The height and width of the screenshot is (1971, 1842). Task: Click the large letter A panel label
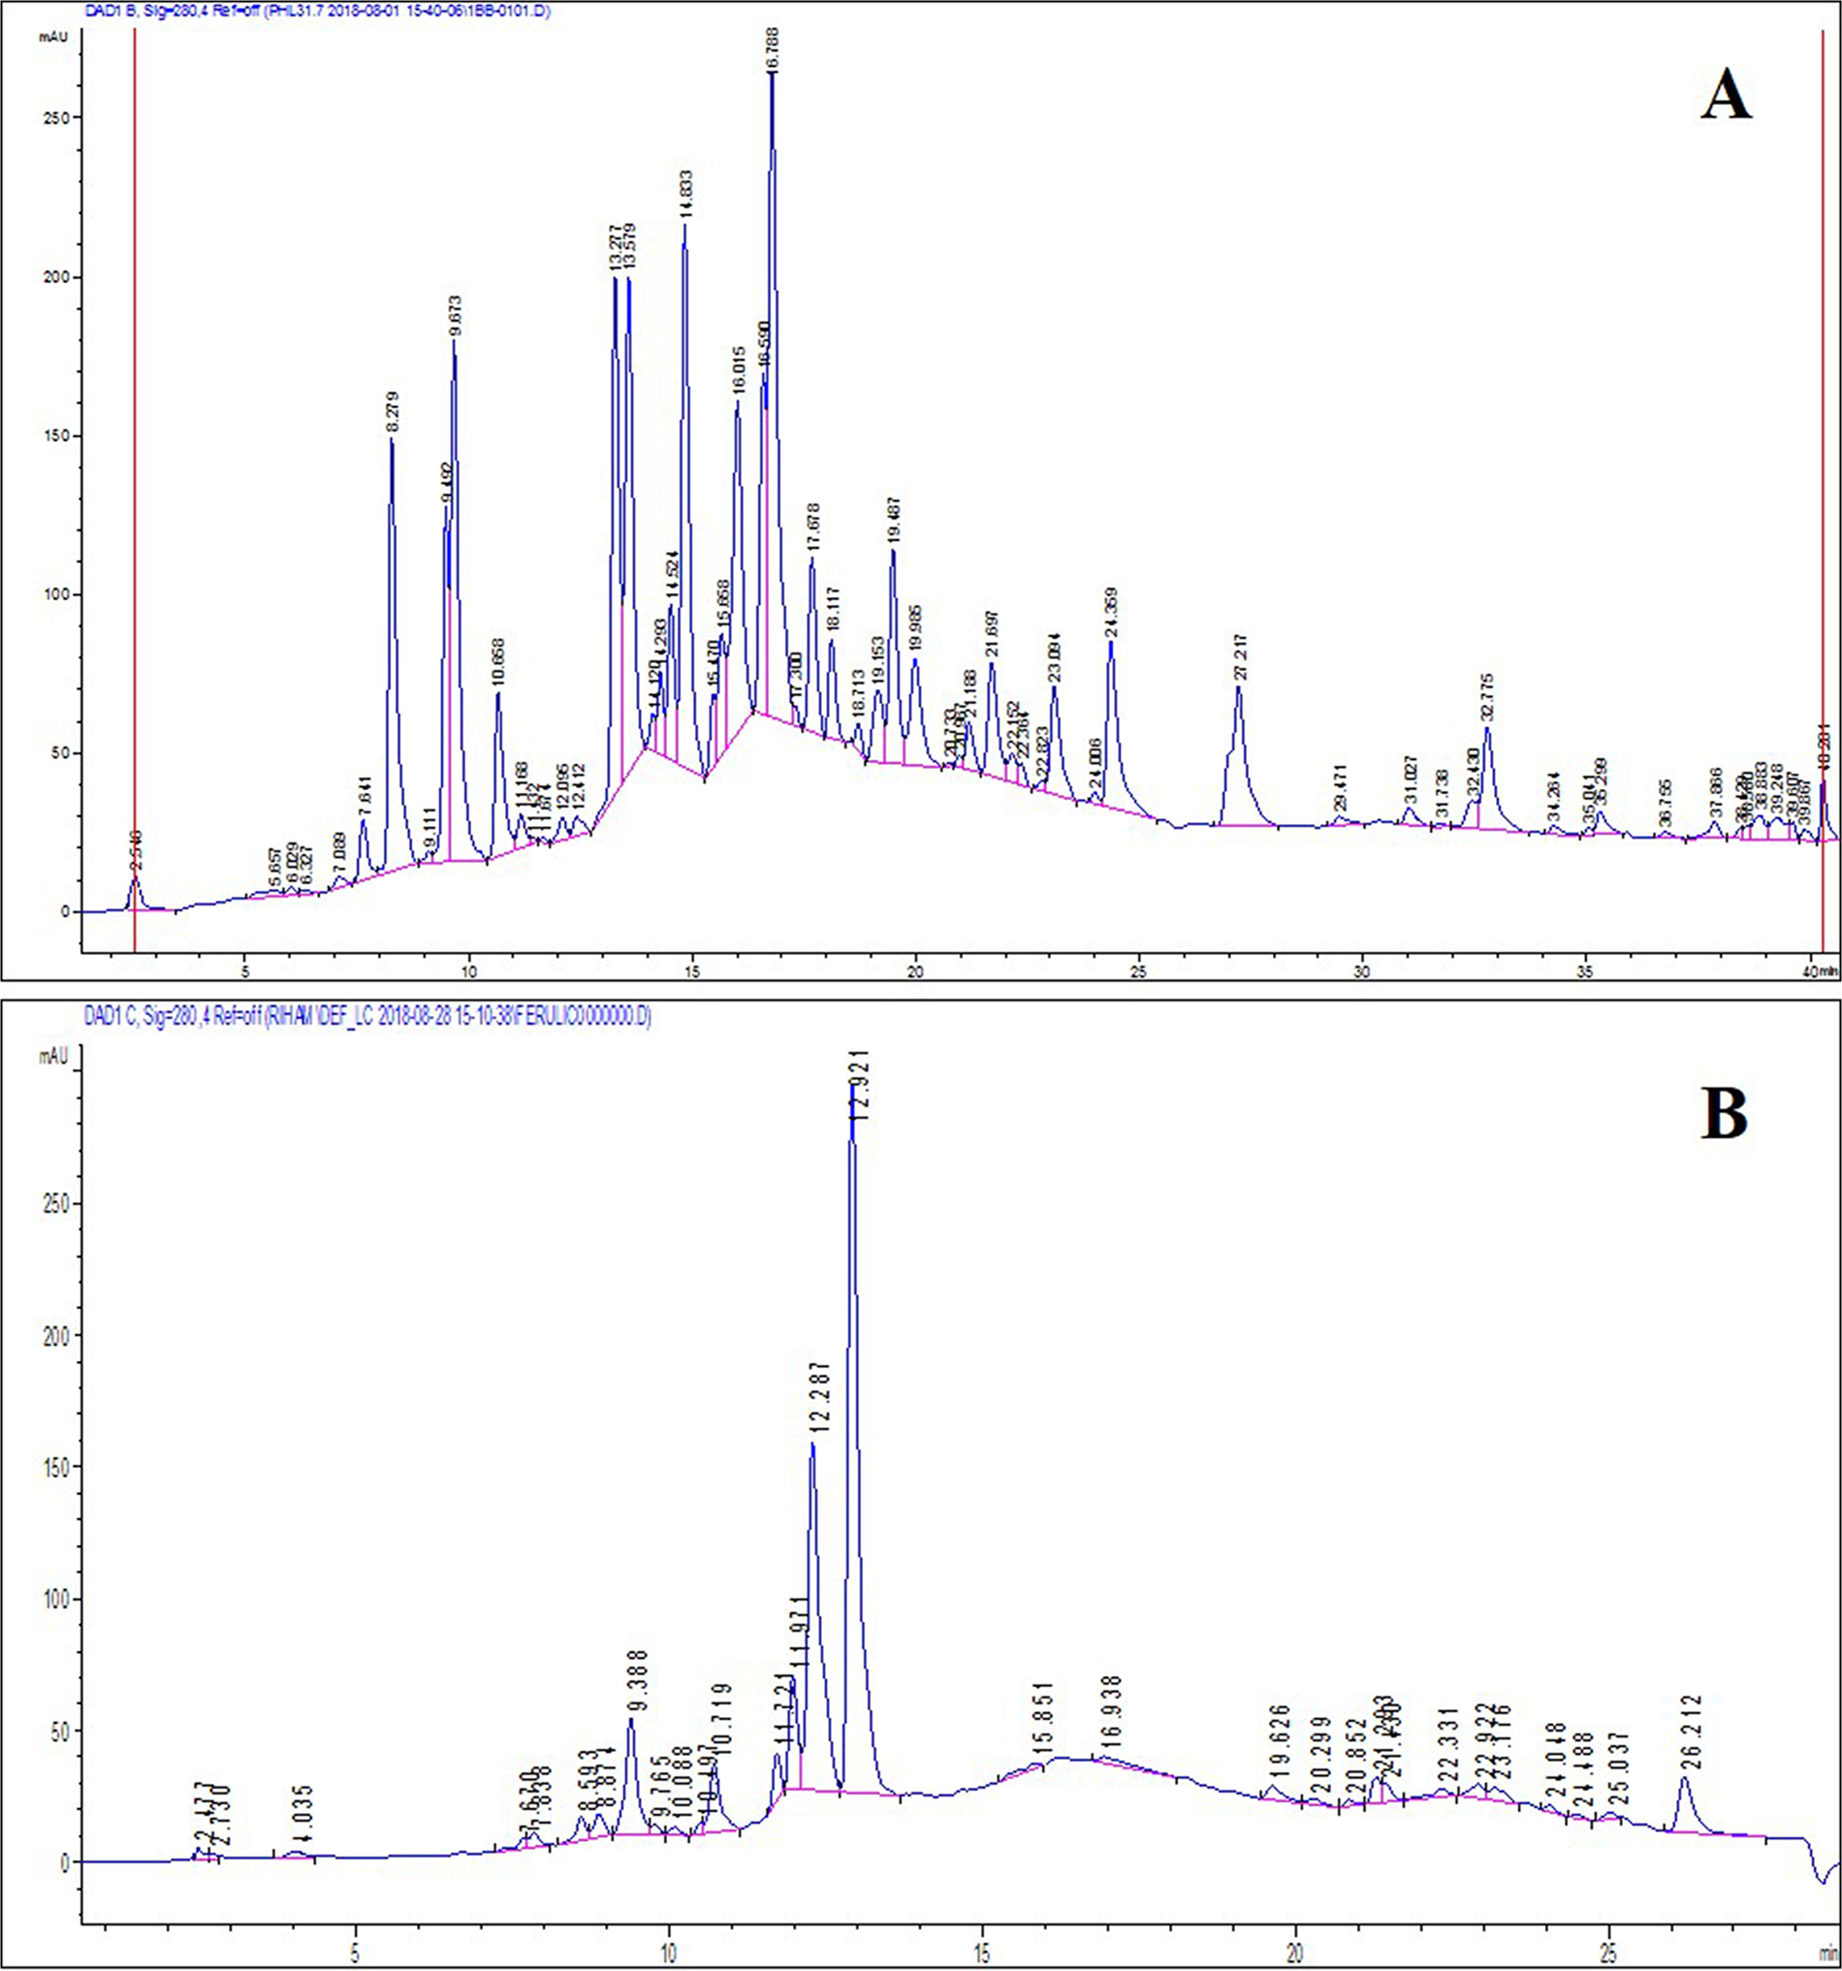1725,99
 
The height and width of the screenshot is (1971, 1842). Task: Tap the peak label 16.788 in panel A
773,45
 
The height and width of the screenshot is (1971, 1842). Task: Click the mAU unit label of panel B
53,1058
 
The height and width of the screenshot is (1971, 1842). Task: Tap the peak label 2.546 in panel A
137,850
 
